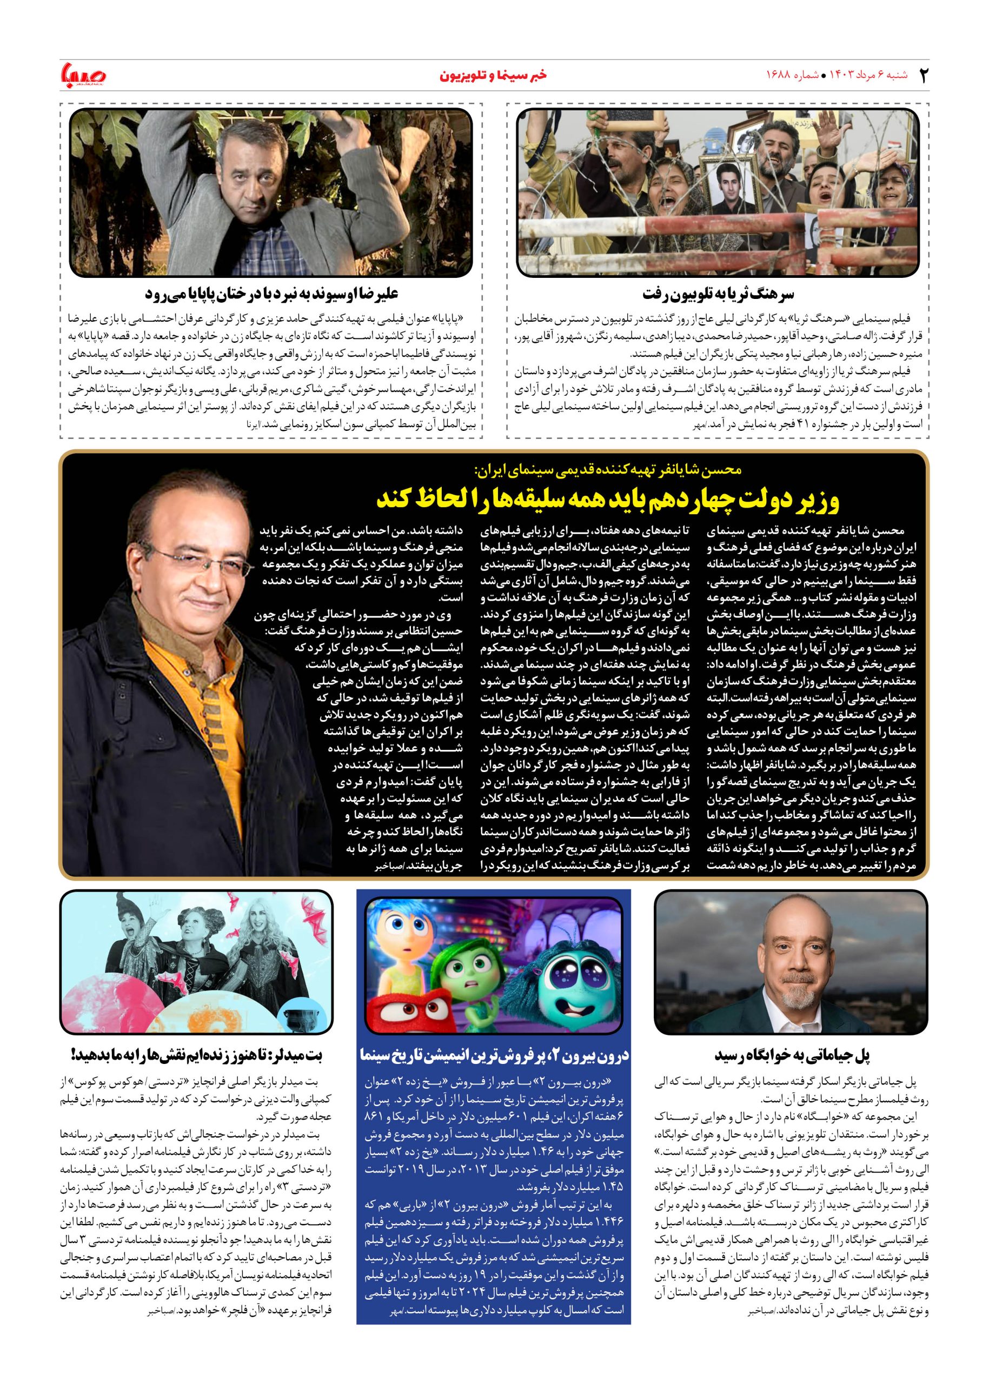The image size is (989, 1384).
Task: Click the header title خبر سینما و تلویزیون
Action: click(493, 75)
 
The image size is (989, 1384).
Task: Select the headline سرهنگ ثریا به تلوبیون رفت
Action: click(719, 295)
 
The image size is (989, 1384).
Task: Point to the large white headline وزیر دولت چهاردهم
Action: click(608, 500)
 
